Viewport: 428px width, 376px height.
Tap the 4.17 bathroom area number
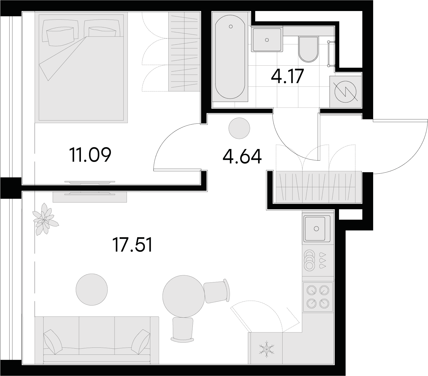point(287,76)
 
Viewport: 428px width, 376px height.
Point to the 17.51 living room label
point(133,245)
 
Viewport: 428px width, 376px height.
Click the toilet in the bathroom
point(308,49)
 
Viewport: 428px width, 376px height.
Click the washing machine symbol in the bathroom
point(346,91)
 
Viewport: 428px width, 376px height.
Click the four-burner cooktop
point(318,297)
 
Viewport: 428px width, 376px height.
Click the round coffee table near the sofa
point(92,289)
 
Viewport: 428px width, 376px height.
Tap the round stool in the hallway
point(239,128)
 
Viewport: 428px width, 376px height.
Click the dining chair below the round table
point(183,329)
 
